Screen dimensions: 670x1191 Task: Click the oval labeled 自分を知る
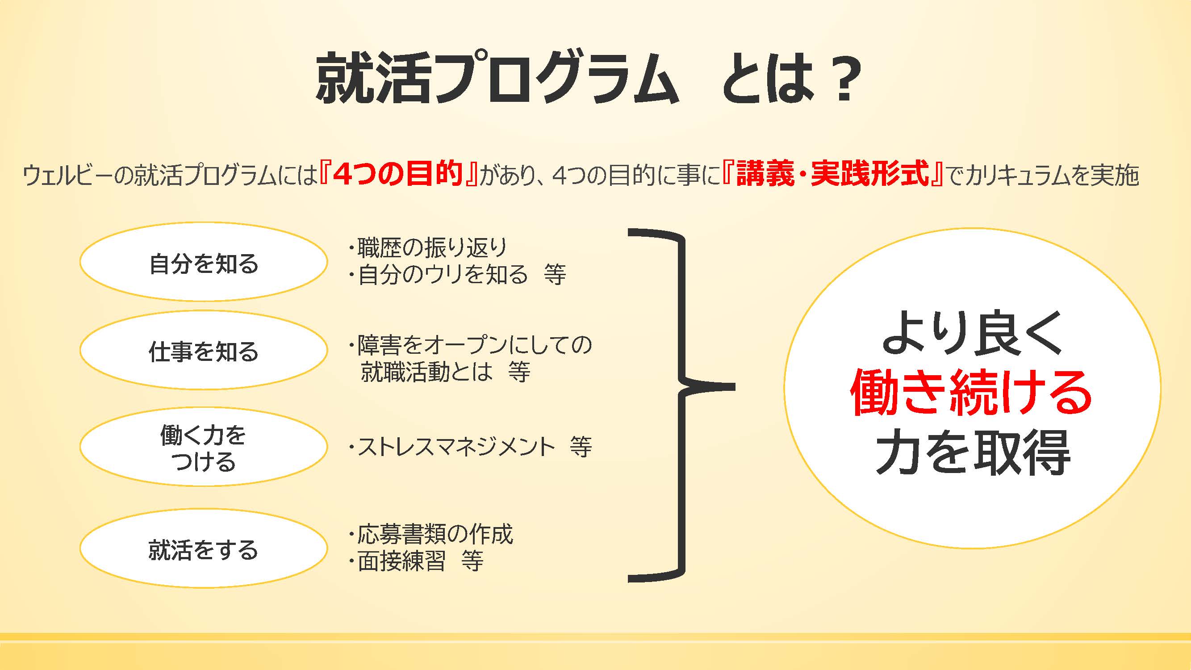pyautogui.click(x=204, y=263)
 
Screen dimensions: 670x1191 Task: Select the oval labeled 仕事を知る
pyautogui.click(x=204, y=351)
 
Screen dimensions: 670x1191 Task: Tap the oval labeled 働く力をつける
pyautogui.click(x=204, y=447)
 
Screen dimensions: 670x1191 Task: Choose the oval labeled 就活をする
pyautogui.click(x=204, y=549)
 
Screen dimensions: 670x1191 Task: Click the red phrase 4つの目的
pyautogui.click(x=397, y=174)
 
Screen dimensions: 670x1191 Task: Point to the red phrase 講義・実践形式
pyautogui.click(x=832, y=174)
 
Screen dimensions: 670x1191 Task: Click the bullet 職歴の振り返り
pyautogui.click(x=432, y=248)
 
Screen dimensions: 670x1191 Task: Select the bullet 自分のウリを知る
pyautogui.click(x=443, y=275)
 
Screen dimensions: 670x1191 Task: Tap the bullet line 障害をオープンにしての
pyautogui.click(x=474, y=345)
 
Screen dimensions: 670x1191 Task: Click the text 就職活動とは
pyautogui.click(x=426, y=372)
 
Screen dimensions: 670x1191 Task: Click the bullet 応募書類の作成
pyautogui.click(x=435, y=535)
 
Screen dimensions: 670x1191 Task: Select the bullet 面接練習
pyautogui.click(x=401, y=561)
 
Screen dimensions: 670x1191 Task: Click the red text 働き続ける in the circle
pyautogui.click(x=971, y=392)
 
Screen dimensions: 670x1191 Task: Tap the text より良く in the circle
pyautogui.click(x=971, y=333)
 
